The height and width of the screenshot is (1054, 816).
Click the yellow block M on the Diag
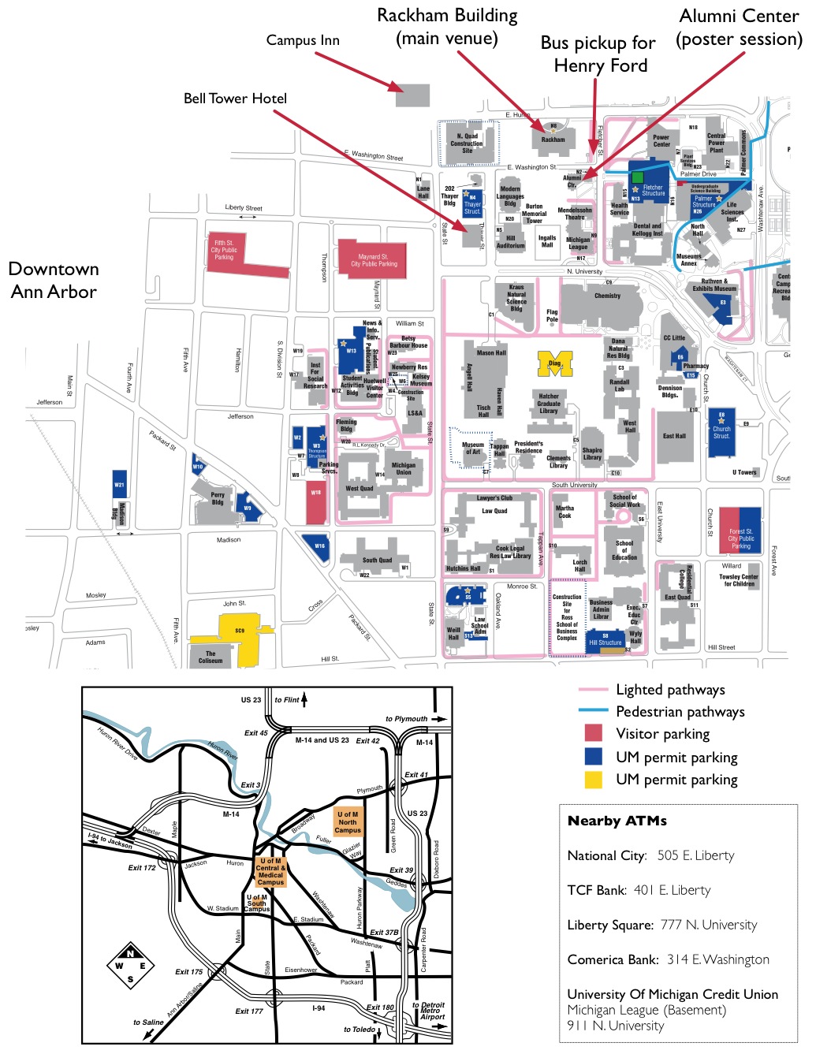click(555, 363)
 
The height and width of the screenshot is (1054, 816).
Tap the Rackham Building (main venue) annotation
click(447, 27)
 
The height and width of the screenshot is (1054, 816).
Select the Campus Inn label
click(303, 40)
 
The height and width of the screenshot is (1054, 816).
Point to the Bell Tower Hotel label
click(235, 99)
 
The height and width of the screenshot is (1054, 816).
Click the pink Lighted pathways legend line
click(592, 690)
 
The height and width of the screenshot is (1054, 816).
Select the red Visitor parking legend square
click(593, 734)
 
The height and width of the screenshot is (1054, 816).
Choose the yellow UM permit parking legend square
click(593, 780)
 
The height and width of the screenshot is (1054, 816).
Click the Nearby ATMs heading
click(617, 821)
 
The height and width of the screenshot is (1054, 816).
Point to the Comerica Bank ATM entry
click(668, 959)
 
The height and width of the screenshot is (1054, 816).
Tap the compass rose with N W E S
click(131, 965)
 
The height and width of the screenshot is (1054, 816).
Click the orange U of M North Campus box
click(348, 822)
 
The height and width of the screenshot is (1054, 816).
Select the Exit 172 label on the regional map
click(142, 868)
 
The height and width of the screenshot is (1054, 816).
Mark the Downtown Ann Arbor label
click(54, 280)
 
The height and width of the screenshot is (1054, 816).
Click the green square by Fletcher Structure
click(637, 177)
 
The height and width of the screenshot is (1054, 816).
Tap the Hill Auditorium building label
click(510, 241)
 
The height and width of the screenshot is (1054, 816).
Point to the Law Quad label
click(494, 511)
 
